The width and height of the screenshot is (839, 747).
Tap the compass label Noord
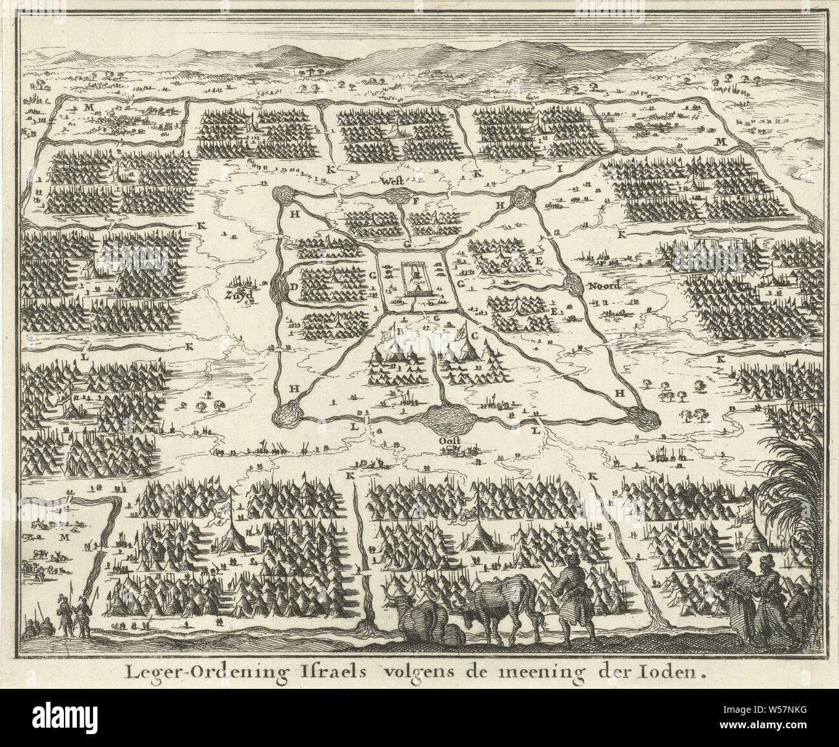603,287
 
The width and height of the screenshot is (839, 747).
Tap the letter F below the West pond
415,201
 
